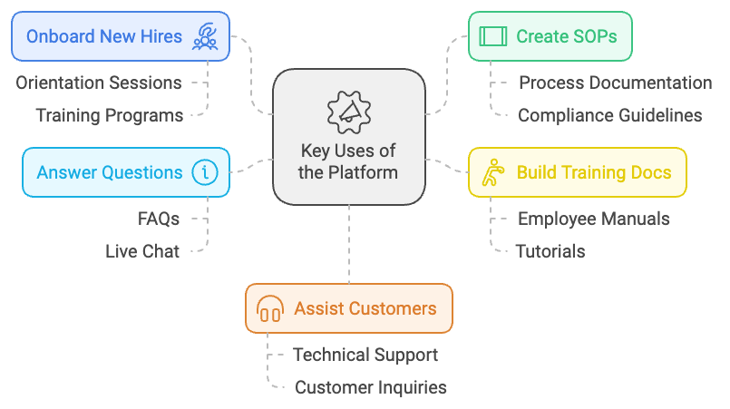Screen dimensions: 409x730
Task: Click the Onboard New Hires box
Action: [120, 36]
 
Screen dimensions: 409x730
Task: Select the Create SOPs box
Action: [550, 36]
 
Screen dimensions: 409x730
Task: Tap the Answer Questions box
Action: [125, 172]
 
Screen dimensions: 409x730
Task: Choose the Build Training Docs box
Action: [577, 172]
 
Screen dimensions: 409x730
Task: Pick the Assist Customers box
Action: [348, 308]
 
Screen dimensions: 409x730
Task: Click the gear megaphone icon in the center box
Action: [349, 112]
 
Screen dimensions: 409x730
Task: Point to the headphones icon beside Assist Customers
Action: [269, 308]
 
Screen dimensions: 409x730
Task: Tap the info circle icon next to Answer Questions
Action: [204, 172]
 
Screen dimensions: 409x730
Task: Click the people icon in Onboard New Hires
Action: [205, 37]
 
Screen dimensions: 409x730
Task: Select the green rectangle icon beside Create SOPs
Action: [492, 36]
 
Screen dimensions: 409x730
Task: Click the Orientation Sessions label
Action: [98, 83]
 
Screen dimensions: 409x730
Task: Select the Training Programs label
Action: [109, 115]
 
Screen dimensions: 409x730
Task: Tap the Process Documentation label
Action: [615, 83]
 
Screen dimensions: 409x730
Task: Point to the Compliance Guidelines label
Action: [609, 115]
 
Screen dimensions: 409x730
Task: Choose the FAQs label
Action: [159, 219]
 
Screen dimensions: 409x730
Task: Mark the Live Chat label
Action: [142, 251]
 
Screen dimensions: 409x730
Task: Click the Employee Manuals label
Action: [593, 219]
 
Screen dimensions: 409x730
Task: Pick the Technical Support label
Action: [365, 355]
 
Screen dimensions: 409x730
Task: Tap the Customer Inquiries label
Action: [370, 387]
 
